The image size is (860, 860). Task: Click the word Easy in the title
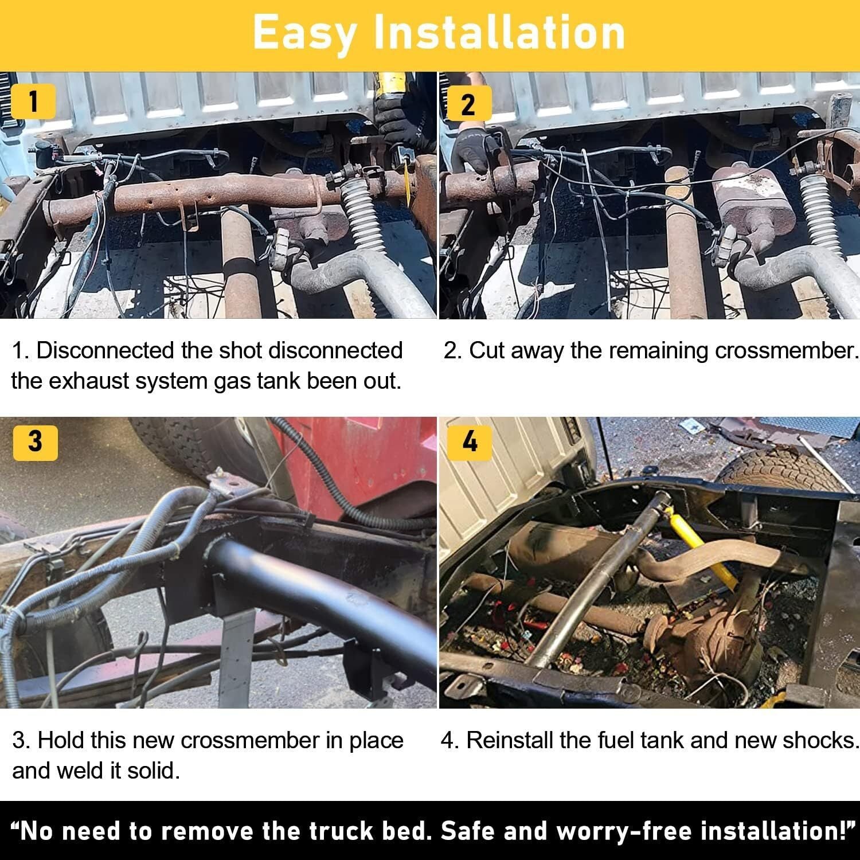tap(304, 33)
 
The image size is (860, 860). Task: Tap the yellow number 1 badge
tap(33, 101)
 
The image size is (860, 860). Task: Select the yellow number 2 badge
tap(468, 104)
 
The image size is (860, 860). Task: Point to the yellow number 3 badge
tap(35, 442)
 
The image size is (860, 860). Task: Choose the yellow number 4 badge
tap(470, 442)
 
